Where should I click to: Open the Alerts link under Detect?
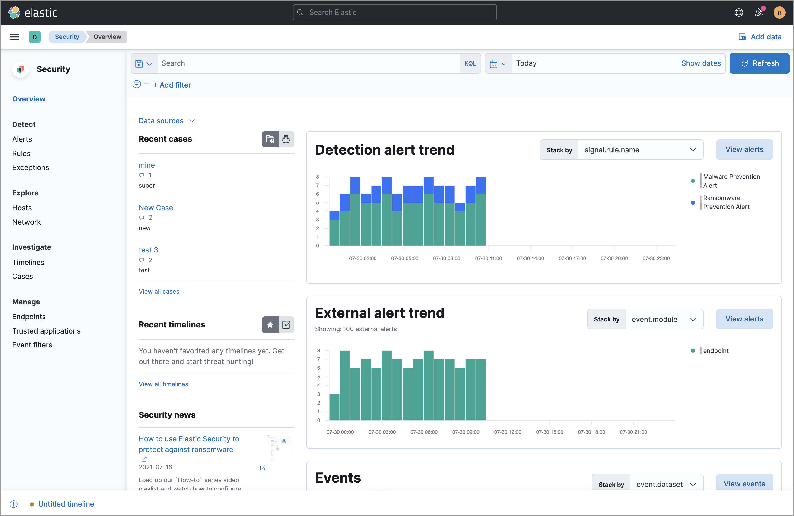(x=22, y=139)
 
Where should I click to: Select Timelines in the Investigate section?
(x=28, y=262)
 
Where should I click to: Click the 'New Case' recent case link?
(x=156, y=208)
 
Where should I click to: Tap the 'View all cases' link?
(x=159, y=291)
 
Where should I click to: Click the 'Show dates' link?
(x=701, y=63)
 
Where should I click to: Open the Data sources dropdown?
(x=166, y=121)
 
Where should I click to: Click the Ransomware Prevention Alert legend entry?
(x=726, y=202)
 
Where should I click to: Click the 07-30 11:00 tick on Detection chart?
(x=488, y=258)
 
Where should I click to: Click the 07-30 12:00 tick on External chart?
(x=507, y=432)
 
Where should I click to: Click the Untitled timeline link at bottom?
(x=66, y=504)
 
